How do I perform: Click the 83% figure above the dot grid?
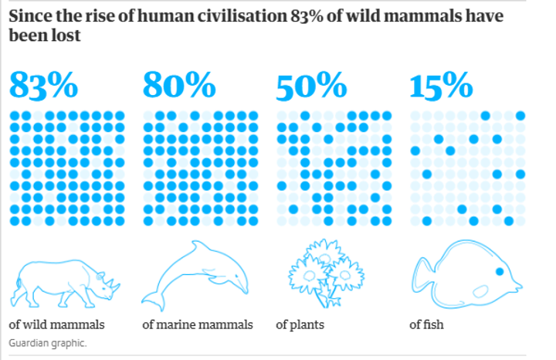[x=44, y=85]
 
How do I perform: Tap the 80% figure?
[x=177, y=85]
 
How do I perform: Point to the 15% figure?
[x=440, y=85]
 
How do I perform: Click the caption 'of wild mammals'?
[x=56, y=324]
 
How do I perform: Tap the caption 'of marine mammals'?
[x=197, y=324]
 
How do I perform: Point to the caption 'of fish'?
[x=426, y=324]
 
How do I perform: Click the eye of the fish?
[x=500, y=272]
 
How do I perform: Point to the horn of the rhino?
[x=114, y=280]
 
